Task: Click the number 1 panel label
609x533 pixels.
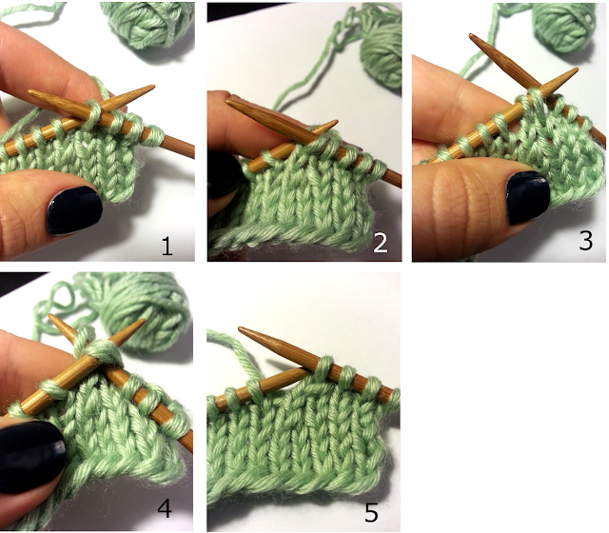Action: coord(167,247)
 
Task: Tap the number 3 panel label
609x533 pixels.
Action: coord(586,241)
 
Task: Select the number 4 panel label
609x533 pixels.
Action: coord(165,507)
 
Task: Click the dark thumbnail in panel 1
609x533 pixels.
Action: coord(74,210)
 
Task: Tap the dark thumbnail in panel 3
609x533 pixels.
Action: coord(528,197)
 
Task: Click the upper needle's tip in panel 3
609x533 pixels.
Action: coord(472,36)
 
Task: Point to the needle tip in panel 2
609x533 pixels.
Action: coord(335,123)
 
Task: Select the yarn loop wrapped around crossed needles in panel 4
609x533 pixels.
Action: coord(99,349)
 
